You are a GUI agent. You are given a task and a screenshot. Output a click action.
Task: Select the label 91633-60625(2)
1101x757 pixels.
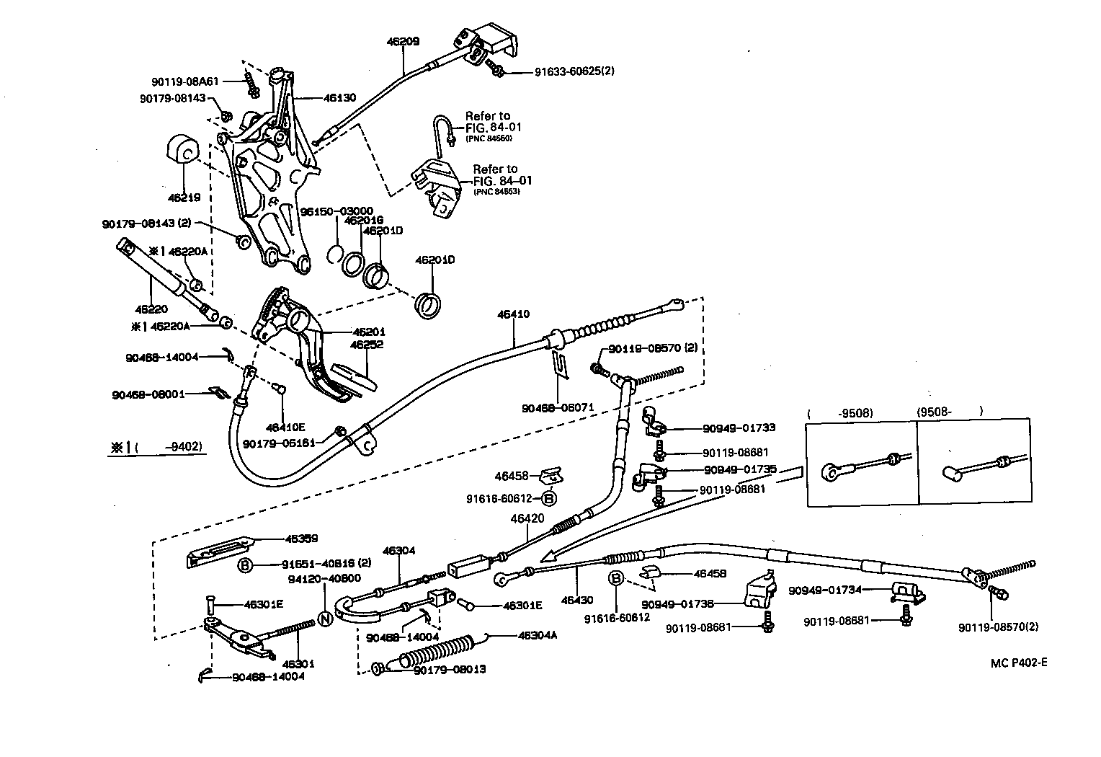[x=574, y=71]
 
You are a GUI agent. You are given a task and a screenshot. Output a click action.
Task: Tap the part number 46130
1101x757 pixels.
[x=339, y=97]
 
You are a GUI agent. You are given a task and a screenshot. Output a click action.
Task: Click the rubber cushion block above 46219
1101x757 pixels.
[x=181, y=152]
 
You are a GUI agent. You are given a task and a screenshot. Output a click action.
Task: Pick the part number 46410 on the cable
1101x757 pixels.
[x=513, y=314]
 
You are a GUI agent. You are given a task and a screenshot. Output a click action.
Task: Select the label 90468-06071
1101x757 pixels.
[x=558, y=407]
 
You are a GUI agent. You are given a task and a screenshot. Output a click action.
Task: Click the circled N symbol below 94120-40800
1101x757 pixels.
[x=324, y=619]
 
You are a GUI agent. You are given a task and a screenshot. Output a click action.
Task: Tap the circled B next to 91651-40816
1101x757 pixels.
[x=245, y=565]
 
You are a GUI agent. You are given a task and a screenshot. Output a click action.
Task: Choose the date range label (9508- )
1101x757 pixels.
[x=950, y=412]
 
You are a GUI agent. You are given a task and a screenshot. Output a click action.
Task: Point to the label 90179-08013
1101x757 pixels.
[x=450, y=669]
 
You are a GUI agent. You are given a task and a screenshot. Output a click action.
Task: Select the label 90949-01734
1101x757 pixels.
[x=825, y=589]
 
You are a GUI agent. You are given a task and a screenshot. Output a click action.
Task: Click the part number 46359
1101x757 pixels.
[x=301, y=539]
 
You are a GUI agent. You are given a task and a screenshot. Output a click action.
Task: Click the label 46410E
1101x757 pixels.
[x=285, y=428]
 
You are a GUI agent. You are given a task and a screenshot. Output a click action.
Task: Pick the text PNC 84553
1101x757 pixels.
[x=496, y=192]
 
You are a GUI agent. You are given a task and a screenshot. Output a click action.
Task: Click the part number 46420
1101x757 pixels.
[x=527, y=518]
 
